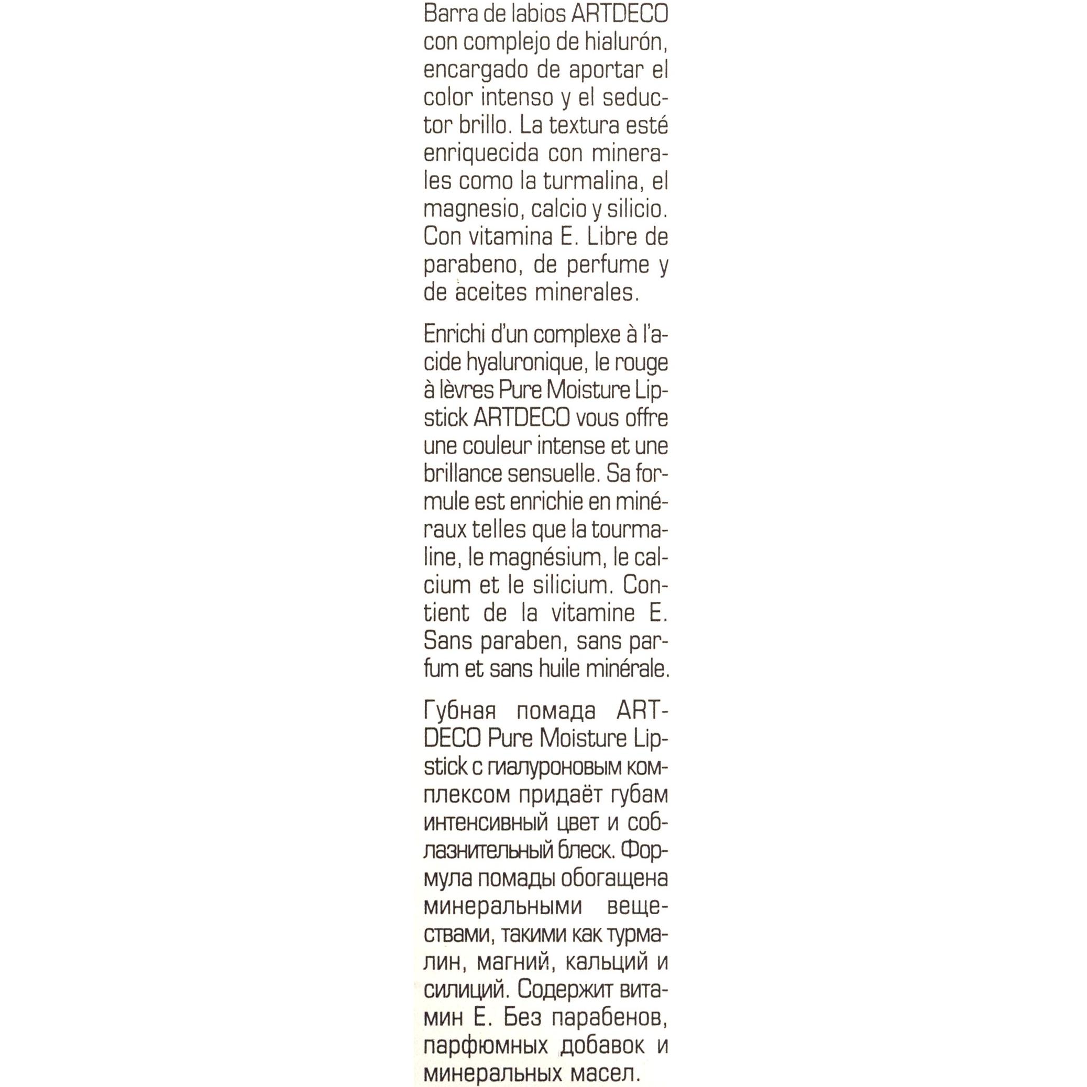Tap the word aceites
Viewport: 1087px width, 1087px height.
coord(496,292)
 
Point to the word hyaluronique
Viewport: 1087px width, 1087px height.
coord(526,363)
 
